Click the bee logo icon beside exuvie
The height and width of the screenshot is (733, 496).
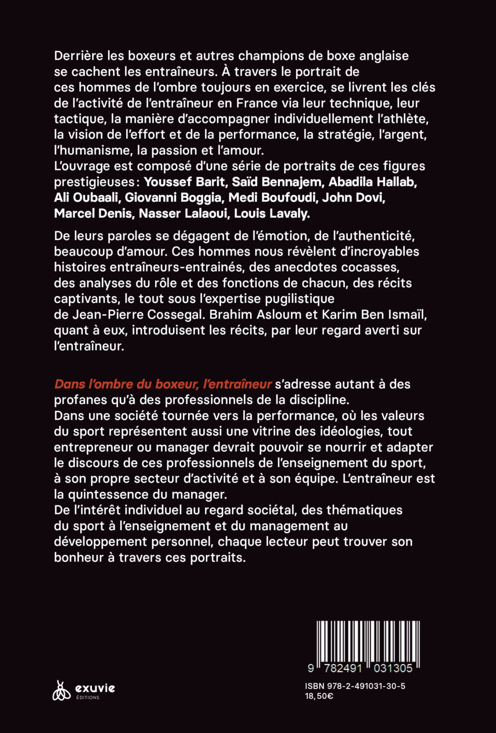coord(61,691)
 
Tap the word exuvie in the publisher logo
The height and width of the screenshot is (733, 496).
coord(95,688)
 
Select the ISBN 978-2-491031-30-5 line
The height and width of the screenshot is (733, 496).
coord(355,686)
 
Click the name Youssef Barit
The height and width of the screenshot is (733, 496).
coord(185,182)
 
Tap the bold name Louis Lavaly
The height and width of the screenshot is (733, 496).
coord(272,213)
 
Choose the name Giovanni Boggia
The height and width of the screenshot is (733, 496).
coord(173,197)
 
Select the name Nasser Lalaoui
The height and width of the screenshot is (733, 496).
coord(183,213)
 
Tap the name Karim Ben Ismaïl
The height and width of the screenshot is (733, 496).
coord(374,315)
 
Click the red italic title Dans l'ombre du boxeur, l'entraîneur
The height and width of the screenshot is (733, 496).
coord(163,384)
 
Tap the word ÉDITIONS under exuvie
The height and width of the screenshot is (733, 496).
coord(88,697)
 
